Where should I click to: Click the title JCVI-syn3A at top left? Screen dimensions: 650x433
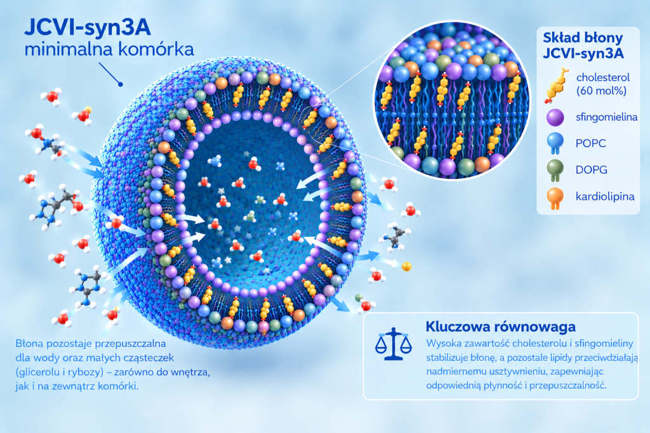(88, 28)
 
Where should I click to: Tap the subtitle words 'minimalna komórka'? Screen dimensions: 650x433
(109, 49)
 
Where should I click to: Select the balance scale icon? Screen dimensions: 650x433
(394, 344)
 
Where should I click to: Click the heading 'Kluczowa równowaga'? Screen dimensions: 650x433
(500, 326)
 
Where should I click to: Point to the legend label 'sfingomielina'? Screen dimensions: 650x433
(606, 117)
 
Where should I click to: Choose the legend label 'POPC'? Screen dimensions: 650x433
(591, 144)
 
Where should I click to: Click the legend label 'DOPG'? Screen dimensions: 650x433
(591, 170)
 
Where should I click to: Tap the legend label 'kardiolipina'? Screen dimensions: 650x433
(605, 197)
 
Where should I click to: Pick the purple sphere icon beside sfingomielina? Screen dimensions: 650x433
(555, 117)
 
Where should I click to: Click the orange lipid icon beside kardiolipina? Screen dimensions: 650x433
(555, 198)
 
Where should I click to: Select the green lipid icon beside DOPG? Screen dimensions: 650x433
(555, 171)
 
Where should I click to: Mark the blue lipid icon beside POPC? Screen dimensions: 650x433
(555, 144)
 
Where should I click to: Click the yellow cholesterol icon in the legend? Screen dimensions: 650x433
(556, 86)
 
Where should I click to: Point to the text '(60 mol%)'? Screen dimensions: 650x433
(601, 91)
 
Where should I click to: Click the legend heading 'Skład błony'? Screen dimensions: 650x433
(583, 37)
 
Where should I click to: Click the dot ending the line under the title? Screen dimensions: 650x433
(121, 84)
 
